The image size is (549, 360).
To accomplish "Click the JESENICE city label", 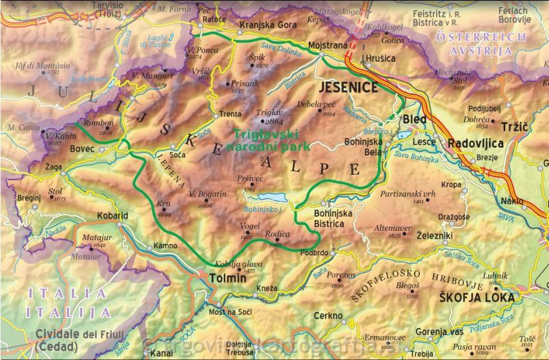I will pyautogui.click(x=347, y=88).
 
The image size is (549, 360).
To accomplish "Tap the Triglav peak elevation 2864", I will pyautogui.click(x=274, y=121).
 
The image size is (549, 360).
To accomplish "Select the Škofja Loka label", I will pyautogui.click(x=477, y=297).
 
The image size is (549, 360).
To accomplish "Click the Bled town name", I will pyautogui.click(x=415, y=120).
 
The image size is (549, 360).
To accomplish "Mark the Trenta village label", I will pyautogui.click(x=231, y=114).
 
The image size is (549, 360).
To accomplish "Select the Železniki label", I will pyautogui.click(x=435, y=236).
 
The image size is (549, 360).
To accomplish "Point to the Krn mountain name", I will pyautogui.click(x=163, y=204).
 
